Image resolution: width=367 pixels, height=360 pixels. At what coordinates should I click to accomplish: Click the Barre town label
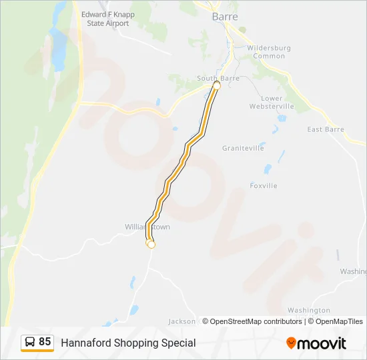(224, 17)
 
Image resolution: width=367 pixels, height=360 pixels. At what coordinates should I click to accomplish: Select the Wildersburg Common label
(266, 52)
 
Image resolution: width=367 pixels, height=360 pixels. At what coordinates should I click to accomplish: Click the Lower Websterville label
(272, 102)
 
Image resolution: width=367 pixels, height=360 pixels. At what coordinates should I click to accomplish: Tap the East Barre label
(325, 129)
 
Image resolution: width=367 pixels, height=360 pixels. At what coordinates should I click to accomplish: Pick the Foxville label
(263, 185)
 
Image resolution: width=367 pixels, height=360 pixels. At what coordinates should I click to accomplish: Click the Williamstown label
(147, 227)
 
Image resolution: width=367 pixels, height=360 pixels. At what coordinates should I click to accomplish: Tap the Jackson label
(182, 321)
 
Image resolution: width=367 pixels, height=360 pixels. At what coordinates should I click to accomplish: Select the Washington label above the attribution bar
(308, 310)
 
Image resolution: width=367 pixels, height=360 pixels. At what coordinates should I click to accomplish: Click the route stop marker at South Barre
(216, 86)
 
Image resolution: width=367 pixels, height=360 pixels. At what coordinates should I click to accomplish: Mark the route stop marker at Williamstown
(151, 245)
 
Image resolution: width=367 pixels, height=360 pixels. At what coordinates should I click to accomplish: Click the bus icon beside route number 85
(29, 342)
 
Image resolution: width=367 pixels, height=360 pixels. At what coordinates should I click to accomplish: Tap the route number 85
(45, 342)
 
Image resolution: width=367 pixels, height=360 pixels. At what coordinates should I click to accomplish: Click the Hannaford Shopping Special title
(128, 343)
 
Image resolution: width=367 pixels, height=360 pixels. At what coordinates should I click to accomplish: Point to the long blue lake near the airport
(59, 47)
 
